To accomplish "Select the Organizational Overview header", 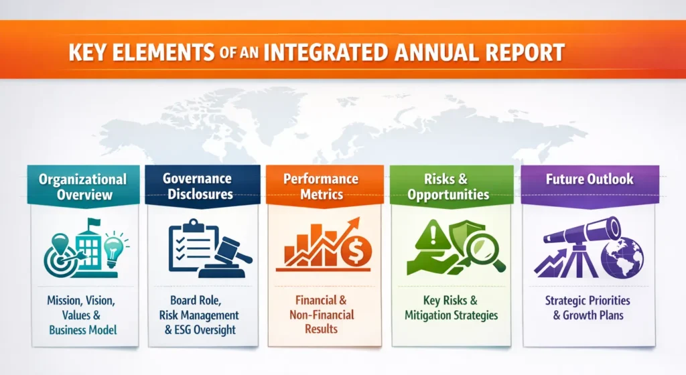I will coord(82,187).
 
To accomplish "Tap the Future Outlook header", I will coord(580,179).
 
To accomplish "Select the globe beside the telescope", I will coord(622,258).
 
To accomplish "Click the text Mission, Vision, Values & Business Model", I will coord(82,315).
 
